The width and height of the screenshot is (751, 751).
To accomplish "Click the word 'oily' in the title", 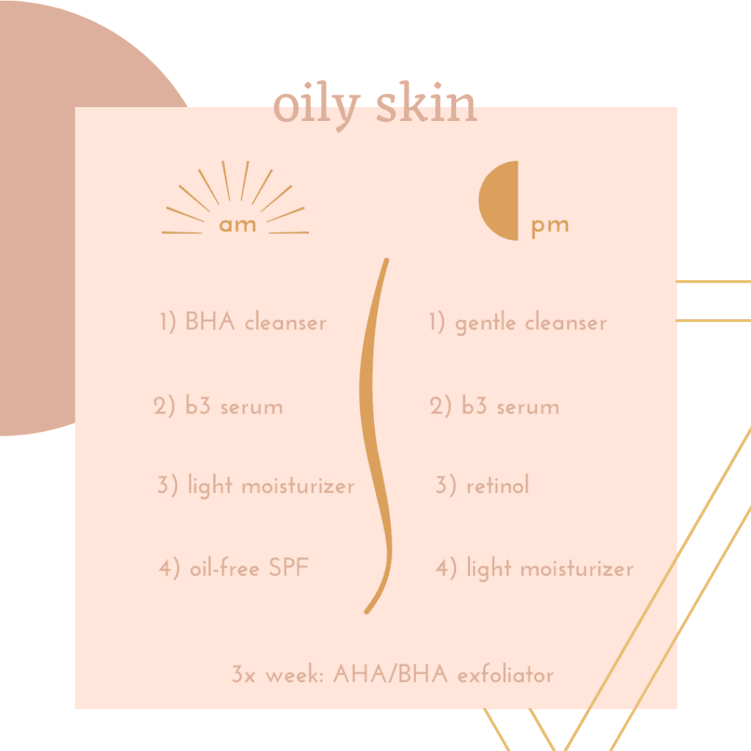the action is tap(317, 106).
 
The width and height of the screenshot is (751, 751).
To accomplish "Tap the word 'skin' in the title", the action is tap(426, 102).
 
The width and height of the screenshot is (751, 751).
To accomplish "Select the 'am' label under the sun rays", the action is tap(238, 224).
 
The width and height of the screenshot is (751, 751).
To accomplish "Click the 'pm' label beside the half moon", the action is tap(550, 227).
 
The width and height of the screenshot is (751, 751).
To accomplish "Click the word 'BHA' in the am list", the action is tap(210, 321).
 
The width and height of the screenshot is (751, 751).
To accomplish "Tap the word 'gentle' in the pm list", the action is tap(486, 323).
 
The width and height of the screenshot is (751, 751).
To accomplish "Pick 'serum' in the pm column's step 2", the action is tap(528, 408).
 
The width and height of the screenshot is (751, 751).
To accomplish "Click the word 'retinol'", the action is tap(498, 485).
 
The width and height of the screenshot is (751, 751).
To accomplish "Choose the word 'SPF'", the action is tap(288, 568).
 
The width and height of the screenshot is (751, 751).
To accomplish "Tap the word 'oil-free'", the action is tap(224, 568).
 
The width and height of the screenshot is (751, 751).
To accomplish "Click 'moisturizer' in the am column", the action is tap(298, 486).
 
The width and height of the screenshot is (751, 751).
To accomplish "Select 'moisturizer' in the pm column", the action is tap(576, 569).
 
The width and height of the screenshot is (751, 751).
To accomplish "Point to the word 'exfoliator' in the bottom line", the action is tap(505, 675).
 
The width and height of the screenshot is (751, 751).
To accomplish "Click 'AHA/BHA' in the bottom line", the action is tap(390, 674).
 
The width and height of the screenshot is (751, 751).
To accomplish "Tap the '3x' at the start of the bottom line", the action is tap(243, 674).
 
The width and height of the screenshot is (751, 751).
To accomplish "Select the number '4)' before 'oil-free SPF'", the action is tap(169, 568).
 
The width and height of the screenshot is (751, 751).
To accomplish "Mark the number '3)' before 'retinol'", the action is tap(445, 485).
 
